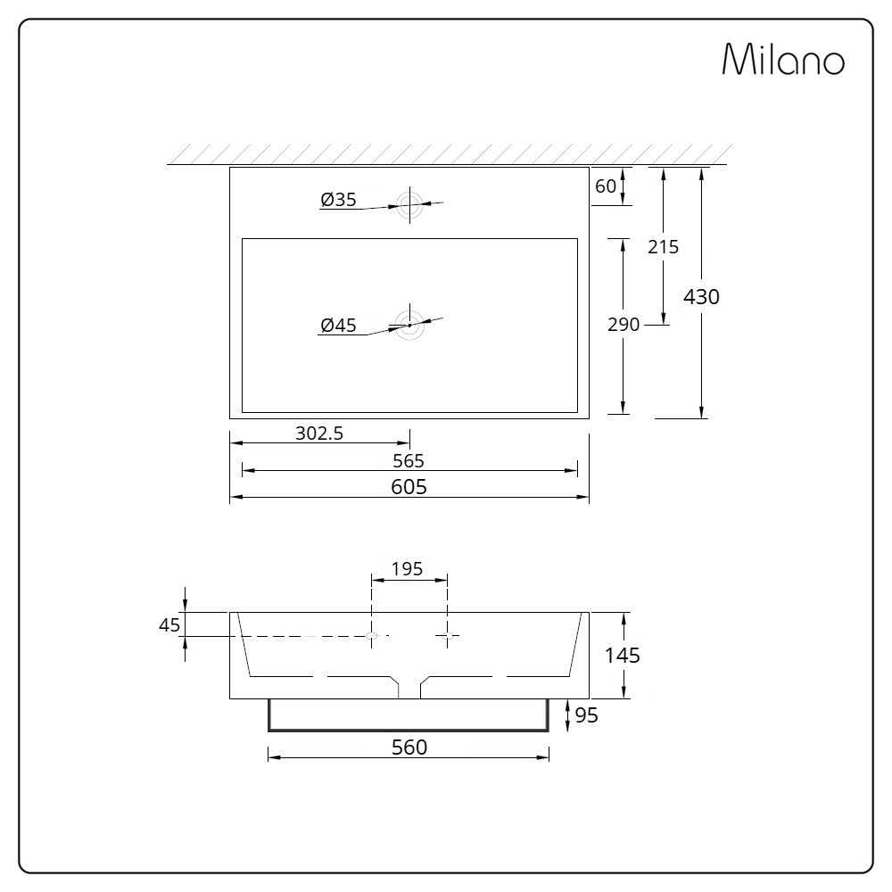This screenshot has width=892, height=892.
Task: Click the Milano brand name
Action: point(782,60)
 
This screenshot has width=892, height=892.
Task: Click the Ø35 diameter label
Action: point(339,201)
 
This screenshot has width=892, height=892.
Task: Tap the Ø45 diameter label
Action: point(339,326)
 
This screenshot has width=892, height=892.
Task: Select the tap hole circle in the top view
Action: point(409,204)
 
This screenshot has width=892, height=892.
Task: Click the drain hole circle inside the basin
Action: point(409,325)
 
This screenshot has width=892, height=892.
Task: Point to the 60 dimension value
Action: point(606,186)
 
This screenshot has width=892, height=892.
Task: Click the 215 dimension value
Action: point(663,246)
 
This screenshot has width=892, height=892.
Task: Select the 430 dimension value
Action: point(701,296)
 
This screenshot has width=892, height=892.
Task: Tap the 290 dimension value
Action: point(624,325)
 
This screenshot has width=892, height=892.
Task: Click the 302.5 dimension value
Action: point(319,434)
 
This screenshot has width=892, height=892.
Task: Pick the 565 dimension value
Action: point(409,460)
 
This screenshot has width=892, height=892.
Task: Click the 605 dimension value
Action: point(409,486)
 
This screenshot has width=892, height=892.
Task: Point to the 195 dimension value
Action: point(407,569)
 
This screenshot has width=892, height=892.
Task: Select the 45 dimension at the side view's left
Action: point(169,624)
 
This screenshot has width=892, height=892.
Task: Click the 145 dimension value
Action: point(623,656)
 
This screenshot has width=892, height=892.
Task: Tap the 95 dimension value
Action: point(586,715)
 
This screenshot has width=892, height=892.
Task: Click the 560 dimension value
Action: point(409,747)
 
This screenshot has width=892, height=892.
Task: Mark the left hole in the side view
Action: point(373,635)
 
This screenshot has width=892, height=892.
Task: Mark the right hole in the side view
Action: point(448,635)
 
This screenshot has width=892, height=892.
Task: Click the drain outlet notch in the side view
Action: point(409,687)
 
